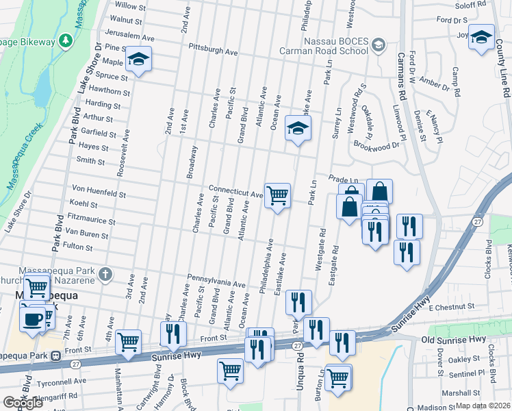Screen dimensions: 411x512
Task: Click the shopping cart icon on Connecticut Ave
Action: click(277, 196)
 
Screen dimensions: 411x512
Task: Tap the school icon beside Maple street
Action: click(139, 60)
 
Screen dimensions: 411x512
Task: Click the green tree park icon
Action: click(66, 41)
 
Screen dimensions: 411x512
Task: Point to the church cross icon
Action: click(104, 275)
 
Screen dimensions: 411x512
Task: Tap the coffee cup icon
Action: click(32, 319)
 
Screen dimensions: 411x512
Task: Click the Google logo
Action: click(23, 403)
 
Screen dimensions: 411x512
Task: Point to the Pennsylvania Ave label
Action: click(216, 282)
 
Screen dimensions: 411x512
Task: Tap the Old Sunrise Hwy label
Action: click(454, 339)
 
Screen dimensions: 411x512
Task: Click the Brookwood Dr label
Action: click(376, 145)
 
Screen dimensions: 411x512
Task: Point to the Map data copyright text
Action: click(483, 406)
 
